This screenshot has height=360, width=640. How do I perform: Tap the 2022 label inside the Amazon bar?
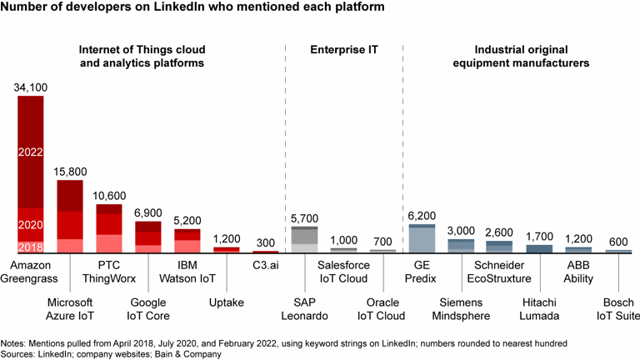(x=31, y=152)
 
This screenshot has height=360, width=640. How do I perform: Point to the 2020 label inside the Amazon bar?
(x=31, y=226)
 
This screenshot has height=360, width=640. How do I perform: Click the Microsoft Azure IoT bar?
(x=70, y=216)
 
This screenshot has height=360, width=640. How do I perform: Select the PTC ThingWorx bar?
(x=109, y=228)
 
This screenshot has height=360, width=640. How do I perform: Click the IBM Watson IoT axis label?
(x=187, y=272)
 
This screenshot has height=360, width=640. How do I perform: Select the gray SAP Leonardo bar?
(x=304, y=239)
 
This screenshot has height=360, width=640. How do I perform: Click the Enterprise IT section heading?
(x=343, y=49)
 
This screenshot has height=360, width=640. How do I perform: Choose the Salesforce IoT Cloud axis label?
(x=343, y=272)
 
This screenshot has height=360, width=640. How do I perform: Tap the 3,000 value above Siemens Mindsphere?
(x=461, y=230)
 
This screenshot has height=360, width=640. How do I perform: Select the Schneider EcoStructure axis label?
(x=500, y=272)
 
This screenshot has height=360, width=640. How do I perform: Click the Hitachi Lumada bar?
(x=539, y=248)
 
